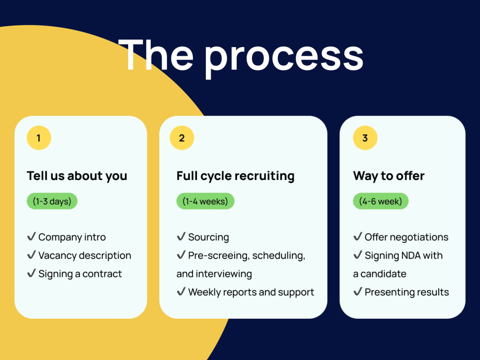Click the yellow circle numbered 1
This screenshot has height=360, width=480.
[x=39, y=138]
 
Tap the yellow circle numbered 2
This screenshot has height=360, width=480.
[x=182, y=138]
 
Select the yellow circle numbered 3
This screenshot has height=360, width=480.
[x=365, y=138]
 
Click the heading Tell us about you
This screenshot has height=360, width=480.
[x=77, y=176]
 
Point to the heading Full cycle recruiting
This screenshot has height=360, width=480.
[x=235, y=176]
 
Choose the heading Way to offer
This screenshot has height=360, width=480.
[x=389, y=176]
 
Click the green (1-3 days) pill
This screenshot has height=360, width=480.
[x=52, y=201]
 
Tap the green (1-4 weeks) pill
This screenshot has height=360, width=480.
[x=205, y=201]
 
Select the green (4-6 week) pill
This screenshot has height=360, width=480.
[x=381, y=201]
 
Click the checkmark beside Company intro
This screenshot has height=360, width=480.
[x=32, y=236]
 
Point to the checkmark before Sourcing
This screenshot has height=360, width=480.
[x=181, y=236]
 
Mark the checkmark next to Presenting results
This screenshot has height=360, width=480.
[x=358, y=291]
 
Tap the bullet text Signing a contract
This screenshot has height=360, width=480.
[x=80, y=274]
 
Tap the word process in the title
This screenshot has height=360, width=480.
[x=284, y=58]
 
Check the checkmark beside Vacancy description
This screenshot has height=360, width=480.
[x=32, y=255]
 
